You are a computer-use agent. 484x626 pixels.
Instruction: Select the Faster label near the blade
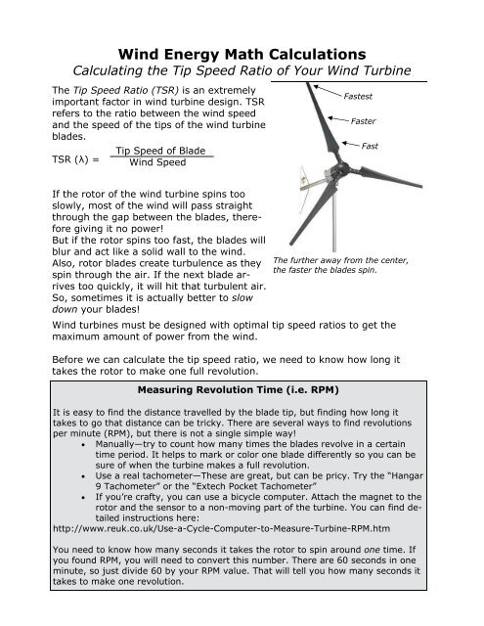point(368,122)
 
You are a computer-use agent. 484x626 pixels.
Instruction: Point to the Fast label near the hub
point(370,145)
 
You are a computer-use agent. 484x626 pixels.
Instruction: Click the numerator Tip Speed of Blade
point(159,151)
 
